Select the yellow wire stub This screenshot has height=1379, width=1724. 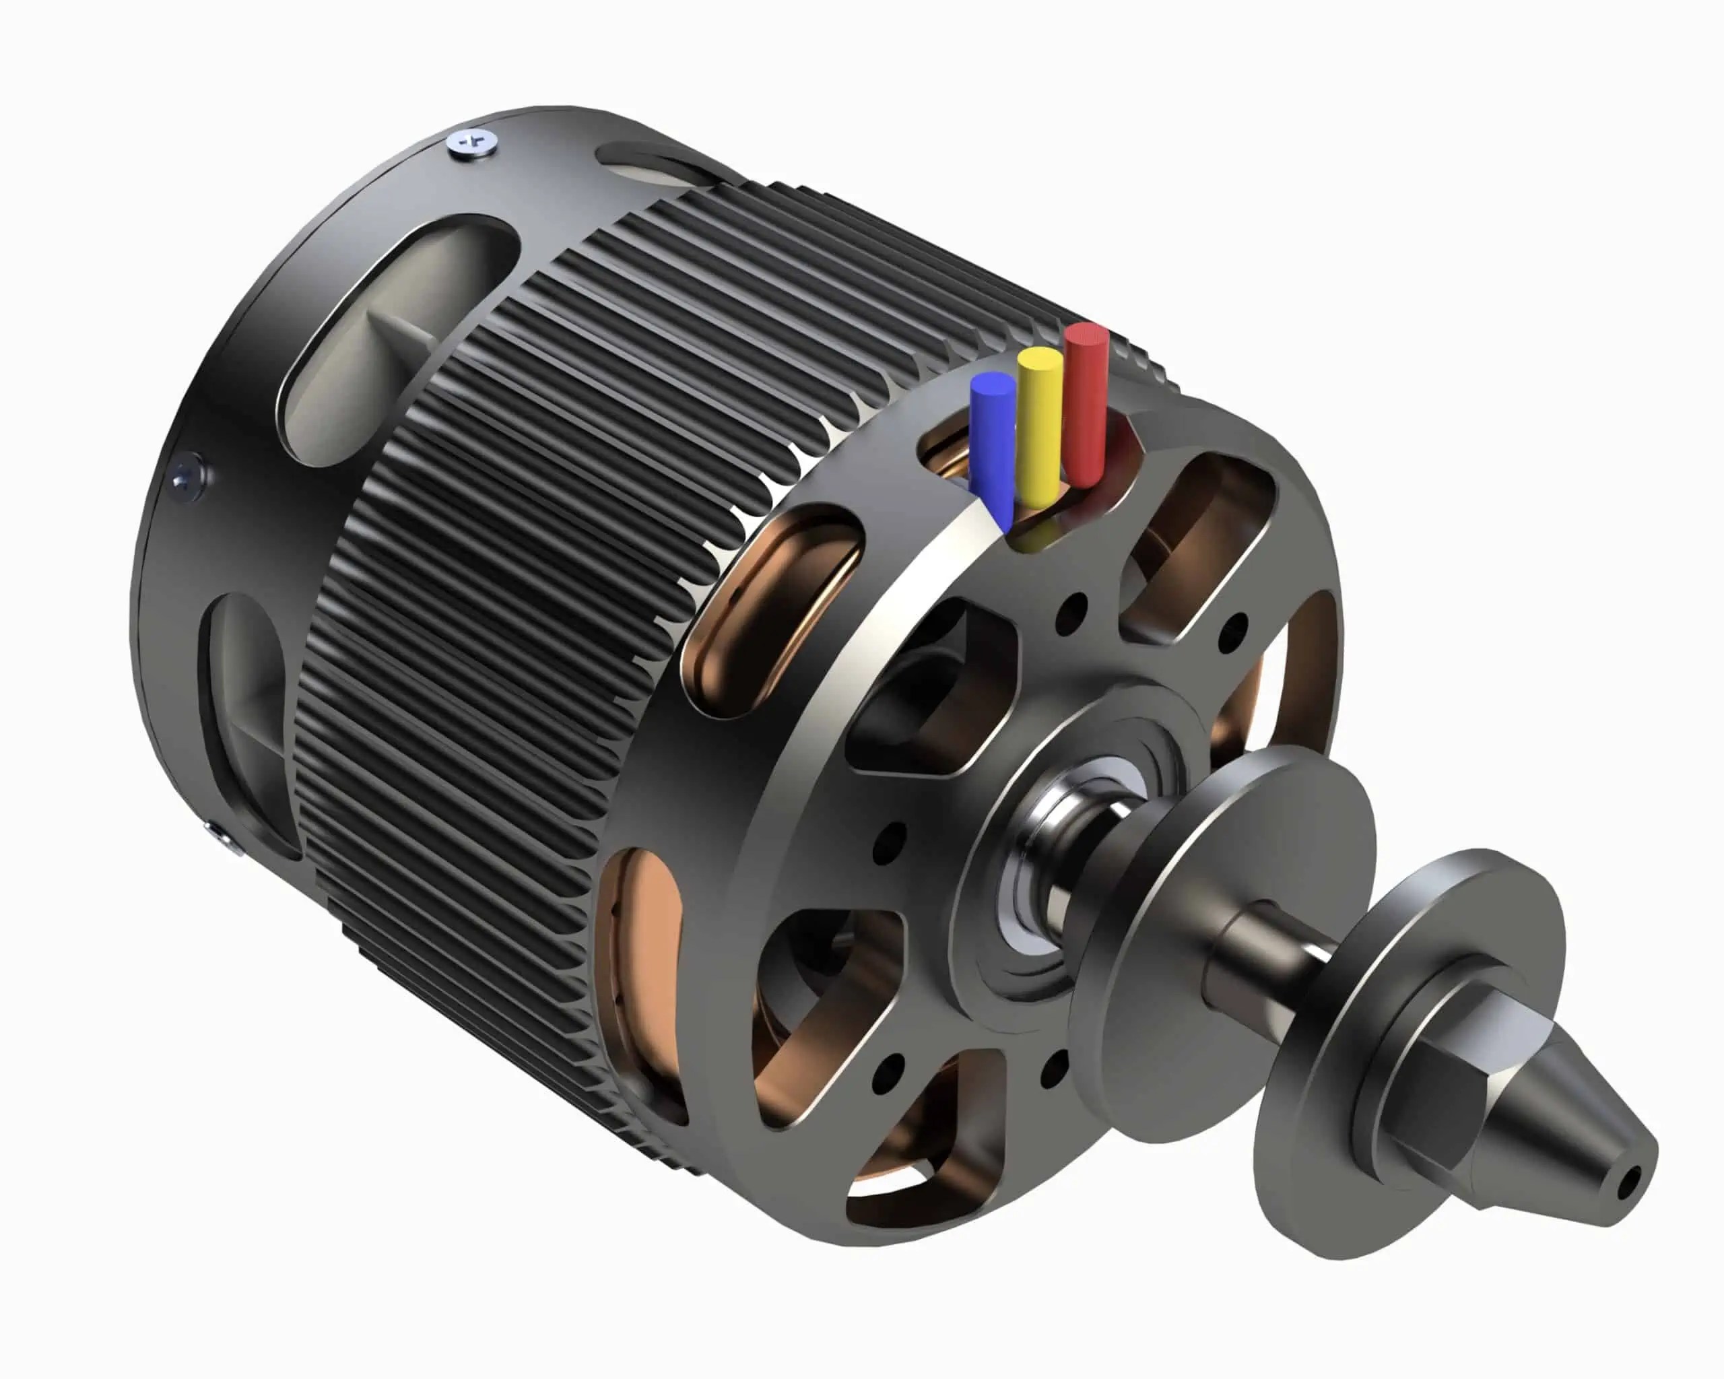coord(1038,424)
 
